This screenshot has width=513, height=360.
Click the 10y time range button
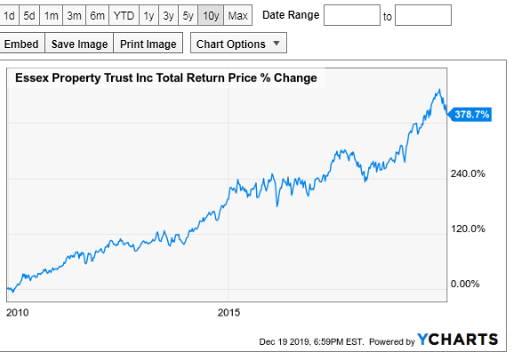pyautogui.click(x=211, y=15)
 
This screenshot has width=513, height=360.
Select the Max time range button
pyautogui.click(x=238, y=15)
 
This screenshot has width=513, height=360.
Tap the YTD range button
pyautogui.click(x=124, y=15)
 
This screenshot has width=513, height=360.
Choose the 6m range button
pyautogui.click(x=97, y=15)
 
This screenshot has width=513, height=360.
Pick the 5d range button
pyautogui.click(x=29, y=15)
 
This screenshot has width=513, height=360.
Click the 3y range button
pyautogui.click(x=168, y=15)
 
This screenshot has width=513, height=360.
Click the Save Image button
pyautogui.click(x=79, y=44)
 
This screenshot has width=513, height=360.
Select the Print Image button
pyautogui.click(x=148, y=44)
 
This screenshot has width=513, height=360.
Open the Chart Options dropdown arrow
pyautogui.click(x=277, y=44)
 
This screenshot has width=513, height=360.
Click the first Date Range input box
pyautogui.click(x=352, y=15)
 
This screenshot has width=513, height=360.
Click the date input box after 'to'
pyautogui.click(x=423, y=15)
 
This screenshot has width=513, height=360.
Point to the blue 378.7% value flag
pyautogui.click(x=469, y=115)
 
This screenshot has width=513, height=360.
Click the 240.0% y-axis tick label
pyautogui.click(x=468, y=173)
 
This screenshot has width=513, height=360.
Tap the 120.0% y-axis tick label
pyautogui.click(x=468, y=228)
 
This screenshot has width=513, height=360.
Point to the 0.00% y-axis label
pyautogui.click(x=465, y=284)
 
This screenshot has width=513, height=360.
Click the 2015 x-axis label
pyautogui.click(x=228, y=313)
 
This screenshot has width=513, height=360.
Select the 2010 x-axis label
pyautogui.click(x=18, y=313)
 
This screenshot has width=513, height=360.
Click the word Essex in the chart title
pyautogui.click(x=32, y=78)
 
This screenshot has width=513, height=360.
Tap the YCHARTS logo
pyautogui.click(x=457, y=340)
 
